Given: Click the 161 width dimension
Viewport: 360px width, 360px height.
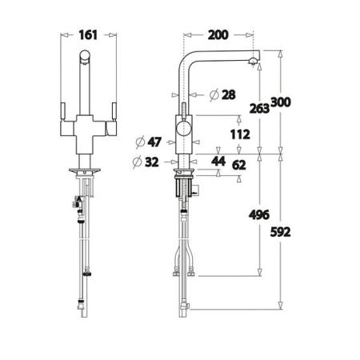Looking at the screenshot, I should coord(89,35).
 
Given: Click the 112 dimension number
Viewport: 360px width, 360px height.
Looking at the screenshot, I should coord(240,134).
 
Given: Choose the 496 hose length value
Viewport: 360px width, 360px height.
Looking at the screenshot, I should coord(258,214).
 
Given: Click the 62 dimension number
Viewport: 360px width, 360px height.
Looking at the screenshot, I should coord(240,164).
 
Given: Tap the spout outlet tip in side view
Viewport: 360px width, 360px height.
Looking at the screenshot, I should coord(255,63).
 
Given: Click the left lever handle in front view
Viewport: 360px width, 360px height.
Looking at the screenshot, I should coord(63,111).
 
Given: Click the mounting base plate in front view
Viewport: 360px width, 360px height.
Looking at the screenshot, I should coord(88,170).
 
